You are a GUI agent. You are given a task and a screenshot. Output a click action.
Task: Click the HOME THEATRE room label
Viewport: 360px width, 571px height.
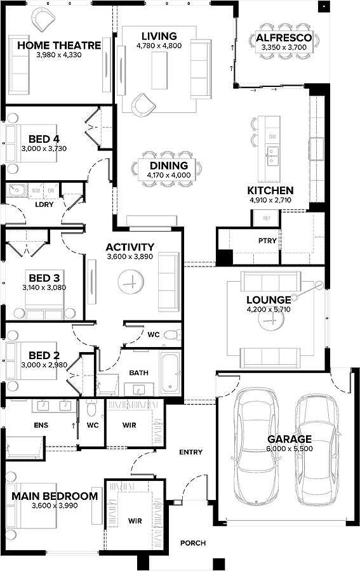tap(58, 46)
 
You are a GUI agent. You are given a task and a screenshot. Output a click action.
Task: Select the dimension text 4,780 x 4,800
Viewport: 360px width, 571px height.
tap(159, 46)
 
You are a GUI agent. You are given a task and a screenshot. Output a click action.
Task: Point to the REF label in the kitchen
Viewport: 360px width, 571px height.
tap(267, 217)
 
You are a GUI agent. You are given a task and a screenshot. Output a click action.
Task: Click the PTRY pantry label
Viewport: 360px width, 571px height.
tap(267, 241)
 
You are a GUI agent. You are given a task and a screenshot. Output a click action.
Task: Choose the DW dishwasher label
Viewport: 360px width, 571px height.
tap(272, 137)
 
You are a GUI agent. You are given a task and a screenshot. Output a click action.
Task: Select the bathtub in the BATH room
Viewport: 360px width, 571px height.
tap(170, 372)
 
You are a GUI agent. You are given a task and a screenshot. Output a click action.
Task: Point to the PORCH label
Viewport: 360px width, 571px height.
tap(192, 543)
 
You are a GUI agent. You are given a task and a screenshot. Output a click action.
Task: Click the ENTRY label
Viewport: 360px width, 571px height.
tap(190, 452)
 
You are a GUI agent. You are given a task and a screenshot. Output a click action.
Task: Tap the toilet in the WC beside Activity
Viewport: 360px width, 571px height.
tap(171, 335)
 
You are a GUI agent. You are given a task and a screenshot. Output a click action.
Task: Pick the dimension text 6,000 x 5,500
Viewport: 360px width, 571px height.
tap(289, 448)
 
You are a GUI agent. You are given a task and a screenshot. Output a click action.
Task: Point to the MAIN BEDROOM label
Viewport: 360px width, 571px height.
tap(55, 496)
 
